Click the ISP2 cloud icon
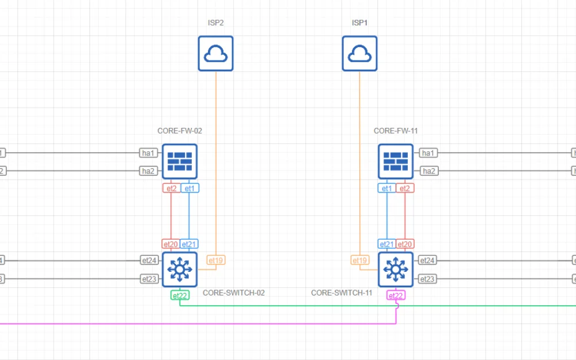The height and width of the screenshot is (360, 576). coord(216,54)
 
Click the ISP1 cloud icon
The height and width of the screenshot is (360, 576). coord(360,54)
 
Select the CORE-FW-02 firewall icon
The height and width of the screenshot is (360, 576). coord(180,161)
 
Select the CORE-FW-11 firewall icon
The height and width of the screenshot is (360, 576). coord(396,161)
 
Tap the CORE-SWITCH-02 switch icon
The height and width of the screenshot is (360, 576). coord(180,269)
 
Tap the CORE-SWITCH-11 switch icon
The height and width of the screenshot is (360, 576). coord(396,269)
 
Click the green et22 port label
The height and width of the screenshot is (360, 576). coord(180,295)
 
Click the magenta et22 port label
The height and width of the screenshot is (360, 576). coord(396,295)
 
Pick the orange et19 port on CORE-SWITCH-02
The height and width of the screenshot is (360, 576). coord(215,260)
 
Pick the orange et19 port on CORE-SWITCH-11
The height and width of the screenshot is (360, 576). coord(360,260)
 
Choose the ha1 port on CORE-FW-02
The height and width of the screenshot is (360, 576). coord(149,153)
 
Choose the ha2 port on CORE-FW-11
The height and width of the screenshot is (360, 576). coord(428,171)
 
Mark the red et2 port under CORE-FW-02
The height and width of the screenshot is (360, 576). coord(171,188)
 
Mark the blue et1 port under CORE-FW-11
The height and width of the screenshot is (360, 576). coord(386,188)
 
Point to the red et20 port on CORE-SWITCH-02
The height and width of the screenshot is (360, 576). coord(171,244)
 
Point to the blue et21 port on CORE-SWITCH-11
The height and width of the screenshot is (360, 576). coord(386,244)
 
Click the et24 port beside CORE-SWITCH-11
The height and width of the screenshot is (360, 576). coord(427,260)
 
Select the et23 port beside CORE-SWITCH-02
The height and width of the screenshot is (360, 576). coord(149,279)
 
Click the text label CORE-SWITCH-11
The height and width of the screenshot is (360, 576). coord(342,293)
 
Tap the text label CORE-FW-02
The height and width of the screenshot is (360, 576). coord(180,131)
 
